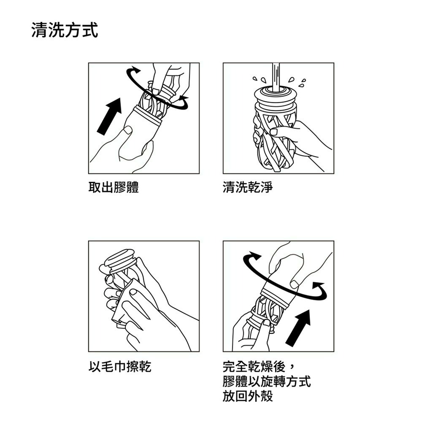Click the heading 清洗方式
click(65, 31)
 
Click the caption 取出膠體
click(113, 187)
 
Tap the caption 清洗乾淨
click(248, 187)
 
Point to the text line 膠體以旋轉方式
click(267, 381)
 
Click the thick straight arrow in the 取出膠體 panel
click(109, 116)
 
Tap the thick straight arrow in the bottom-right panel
click(299, 327)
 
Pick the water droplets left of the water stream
click(259, 79)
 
